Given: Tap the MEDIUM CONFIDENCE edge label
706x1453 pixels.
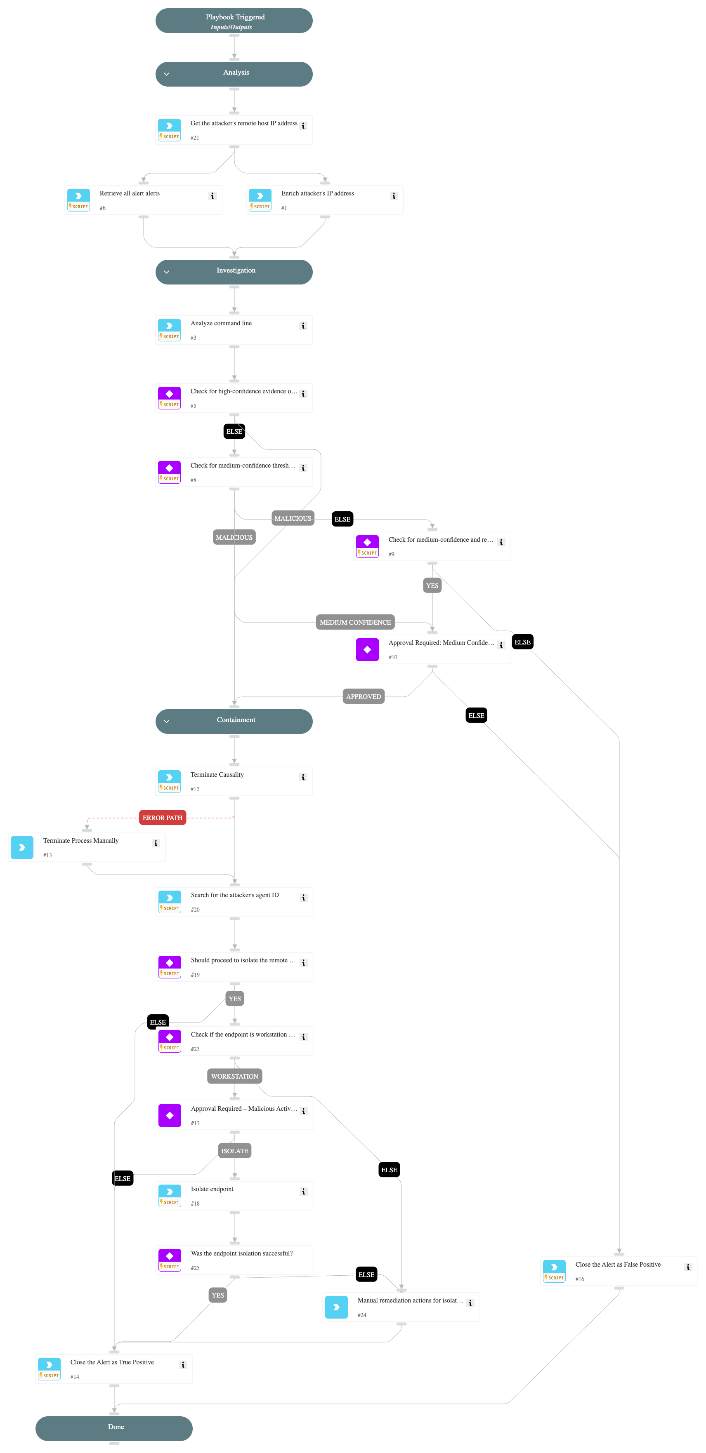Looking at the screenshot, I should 355,622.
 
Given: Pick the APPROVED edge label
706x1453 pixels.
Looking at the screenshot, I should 364,696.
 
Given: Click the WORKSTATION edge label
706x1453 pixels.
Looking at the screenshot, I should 234,1076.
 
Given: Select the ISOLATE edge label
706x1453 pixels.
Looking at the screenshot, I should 234,1151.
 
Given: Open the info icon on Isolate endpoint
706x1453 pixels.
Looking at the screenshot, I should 304,1192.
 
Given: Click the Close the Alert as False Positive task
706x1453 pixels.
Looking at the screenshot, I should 619,1272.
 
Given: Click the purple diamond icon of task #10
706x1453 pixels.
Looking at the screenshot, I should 367,650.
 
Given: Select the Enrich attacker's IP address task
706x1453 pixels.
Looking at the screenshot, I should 325,200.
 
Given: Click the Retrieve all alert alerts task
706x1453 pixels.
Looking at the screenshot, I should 143,200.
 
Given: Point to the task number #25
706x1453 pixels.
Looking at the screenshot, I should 195,1267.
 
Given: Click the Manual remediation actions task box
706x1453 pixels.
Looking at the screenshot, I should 401,1307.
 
